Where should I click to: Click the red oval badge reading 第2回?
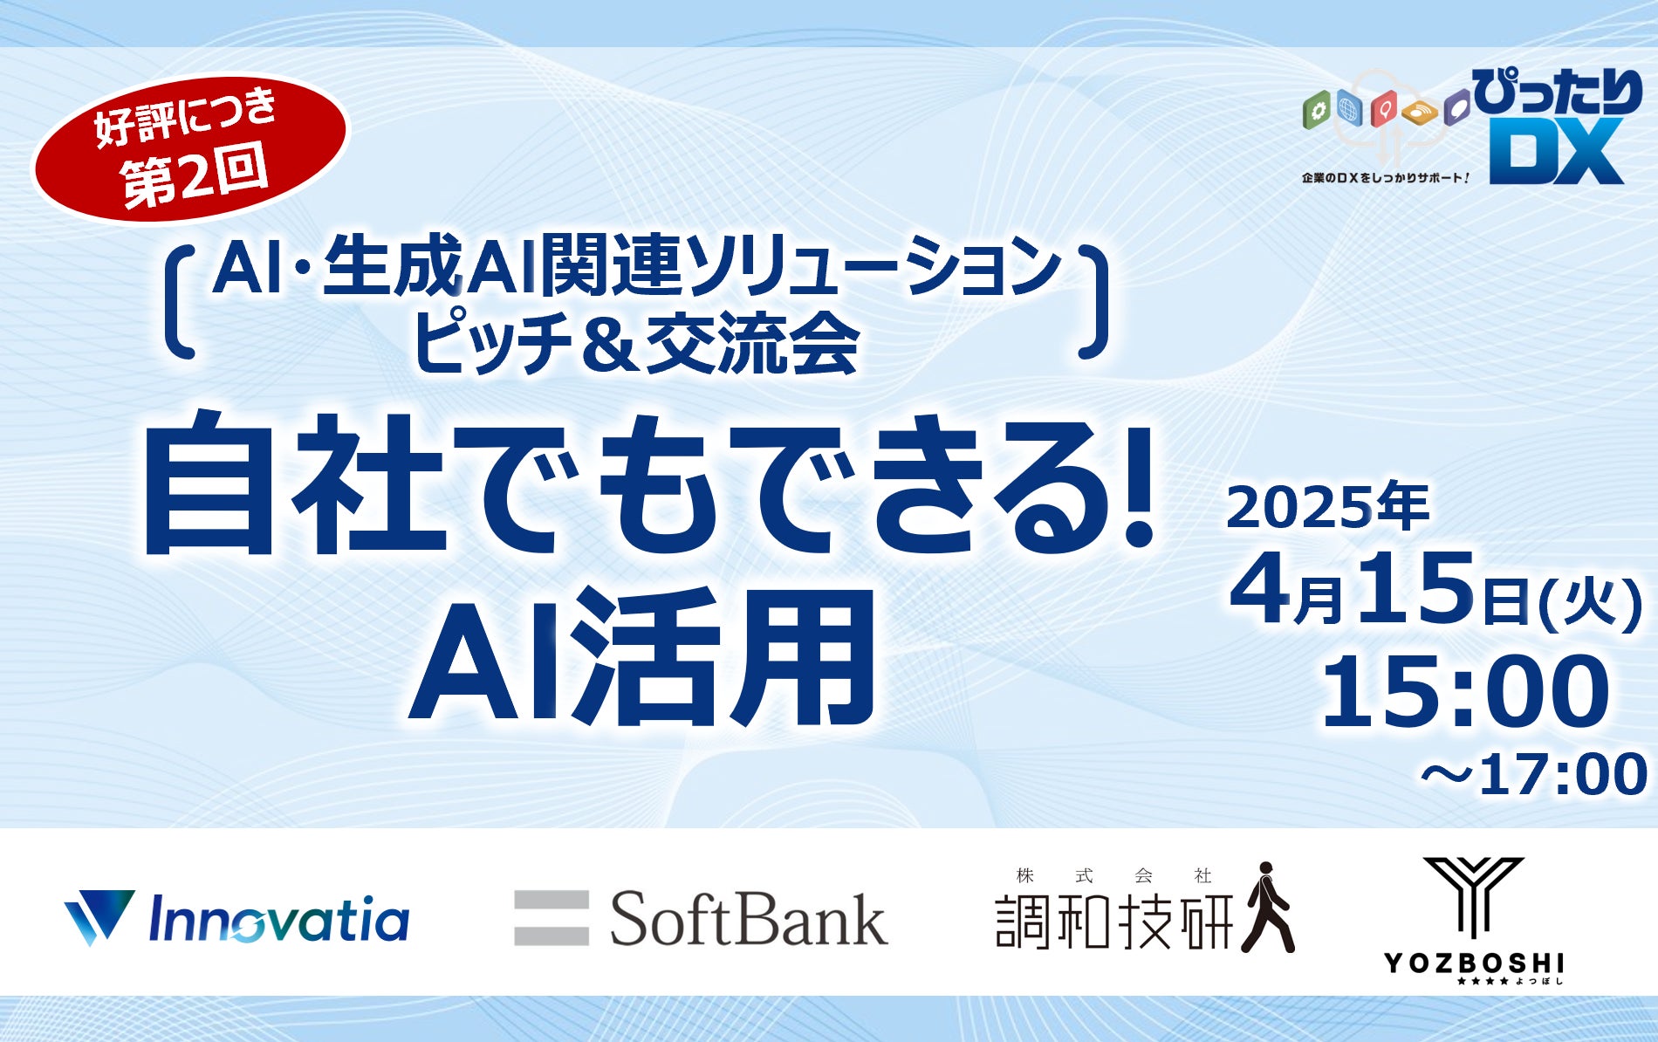point(190,147)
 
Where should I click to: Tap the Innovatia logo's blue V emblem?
point(99,917)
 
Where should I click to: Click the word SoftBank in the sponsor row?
point(749,919)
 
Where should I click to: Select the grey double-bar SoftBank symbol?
point(551,917)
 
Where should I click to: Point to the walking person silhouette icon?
point(1268,907)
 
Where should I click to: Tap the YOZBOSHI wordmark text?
point(1474,963)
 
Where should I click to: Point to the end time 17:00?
point(1562,774)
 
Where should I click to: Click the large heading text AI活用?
point(644,658)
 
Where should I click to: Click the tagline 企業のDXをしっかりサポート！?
point(1386,177)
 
